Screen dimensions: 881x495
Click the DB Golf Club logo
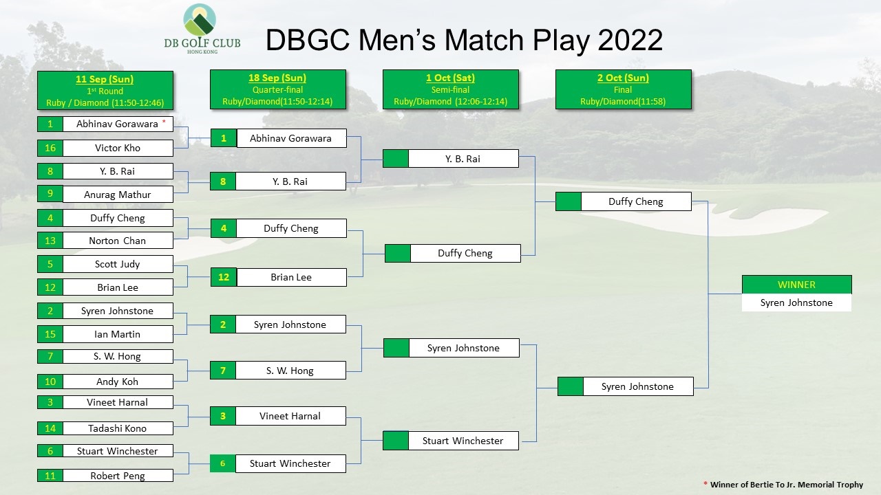[202, 29]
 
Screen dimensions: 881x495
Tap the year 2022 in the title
[630, 40]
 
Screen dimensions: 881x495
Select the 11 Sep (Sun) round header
[105, 90]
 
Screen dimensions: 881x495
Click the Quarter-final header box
[277, 89]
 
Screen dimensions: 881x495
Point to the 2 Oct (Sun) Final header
[623, 89]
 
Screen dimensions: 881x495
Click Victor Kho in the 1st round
[118, 148]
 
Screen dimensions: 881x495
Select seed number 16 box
[50, 148]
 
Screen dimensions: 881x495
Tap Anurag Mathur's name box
[118, 195]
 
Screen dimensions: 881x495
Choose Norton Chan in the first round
[118, 241]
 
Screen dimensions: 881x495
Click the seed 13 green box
[50, 241]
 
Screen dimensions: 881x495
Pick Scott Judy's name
[118, 264]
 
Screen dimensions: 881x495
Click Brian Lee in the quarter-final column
[291, 277]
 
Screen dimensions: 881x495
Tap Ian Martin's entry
[118, 334]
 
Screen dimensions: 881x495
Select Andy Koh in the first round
[118, 382]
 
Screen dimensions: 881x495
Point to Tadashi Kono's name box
[118, 428]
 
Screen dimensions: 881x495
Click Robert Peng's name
[118, 476]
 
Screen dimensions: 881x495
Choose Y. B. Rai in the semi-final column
[463, 159]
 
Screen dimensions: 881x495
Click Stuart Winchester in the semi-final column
[463, 441]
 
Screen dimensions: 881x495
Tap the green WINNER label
[797, 285]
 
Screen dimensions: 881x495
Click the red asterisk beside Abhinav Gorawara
[164, 122]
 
